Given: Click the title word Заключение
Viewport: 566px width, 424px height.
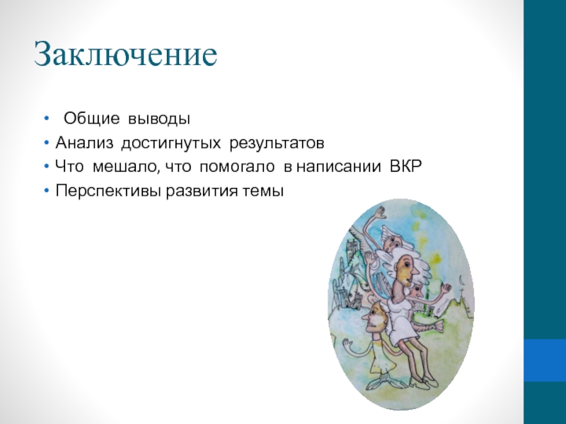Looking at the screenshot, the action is click(x=126, y=54).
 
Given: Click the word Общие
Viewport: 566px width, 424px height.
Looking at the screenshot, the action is click(x=91, y=118).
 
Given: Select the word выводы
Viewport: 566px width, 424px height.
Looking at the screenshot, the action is click(x=159, y=119).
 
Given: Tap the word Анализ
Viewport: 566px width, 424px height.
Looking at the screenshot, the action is click(x=84, y=143).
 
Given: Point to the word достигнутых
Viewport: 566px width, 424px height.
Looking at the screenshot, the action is click(x=171, y=144).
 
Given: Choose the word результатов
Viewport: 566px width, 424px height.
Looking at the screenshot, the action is click(x=277, y=144).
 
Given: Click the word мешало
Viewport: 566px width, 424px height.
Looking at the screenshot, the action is click(x=125, y=167).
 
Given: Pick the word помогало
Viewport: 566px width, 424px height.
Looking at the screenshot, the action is click(x=237, y=167).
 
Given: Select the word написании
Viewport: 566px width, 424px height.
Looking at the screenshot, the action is click(x=339, y=167).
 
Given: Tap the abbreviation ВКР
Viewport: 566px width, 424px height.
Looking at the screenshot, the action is click(x=406, y=167).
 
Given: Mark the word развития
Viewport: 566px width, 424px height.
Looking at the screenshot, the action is click(x=202, y=191).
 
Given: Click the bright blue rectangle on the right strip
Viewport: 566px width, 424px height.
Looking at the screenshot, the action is click(x=545, y=360).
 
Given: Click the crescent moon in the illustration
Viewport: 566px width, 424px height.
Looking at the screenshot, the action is click(x=461, y=279).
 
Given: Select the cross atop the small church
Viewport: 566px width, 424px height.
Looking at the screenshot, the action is click(x=462, y=291).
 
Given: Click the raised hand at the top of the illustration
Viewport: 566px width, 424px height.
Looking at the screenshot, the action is click(x=380, y=212).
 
